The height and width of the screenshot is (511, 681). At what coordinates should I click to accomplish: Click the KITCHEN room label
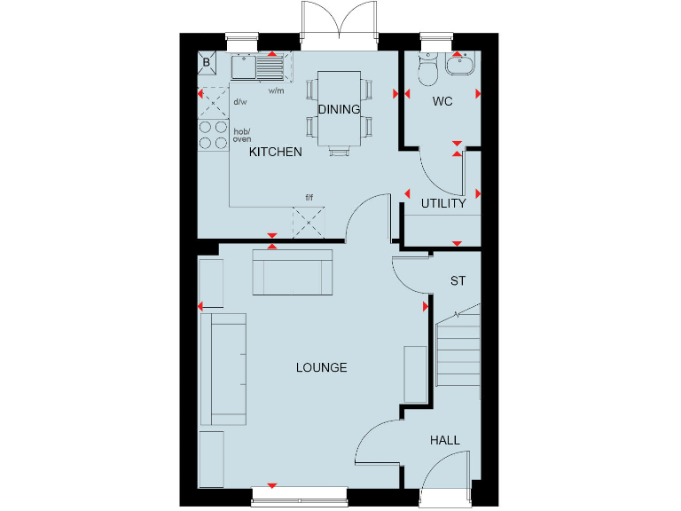click(275, 153)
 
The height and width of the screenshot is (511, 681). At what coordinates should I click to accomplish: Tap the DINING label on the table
click(339, 110)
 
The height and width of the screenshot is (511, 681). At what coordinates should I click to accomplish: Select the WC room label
click(442, 102)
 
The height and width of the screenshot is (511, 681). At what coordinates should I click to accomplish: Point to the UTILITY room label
click(443, 204)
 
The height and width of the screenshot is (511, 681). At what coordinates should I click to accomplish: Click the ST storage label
click(458, 282)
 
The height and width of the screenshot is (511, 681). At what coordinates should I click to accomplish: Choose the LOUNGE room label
click(321, 368)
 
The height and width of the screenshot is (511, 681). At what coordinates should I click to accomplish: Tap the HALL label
click(445, 441)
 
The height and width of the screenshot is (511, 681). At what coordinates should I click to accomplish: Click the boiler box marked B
click(207, 62)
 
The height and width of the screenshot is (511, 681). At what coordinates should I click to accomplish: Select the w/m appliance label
click(276, 90)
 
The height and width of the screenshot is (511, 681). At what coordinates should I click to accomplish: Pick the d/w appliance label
click(239, 102)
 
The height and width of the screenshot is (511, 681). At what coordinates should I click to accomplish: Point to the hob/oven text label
click(241, 136)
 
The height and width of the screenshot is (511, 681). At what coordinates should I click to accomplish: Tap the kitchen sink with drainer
click(257, 66)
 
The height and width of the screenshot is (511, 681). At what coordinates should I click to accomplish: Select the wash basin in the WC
click(460, 62)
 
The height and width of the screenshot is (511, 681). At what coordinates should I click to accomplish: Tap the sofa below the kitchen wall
click(293, 271)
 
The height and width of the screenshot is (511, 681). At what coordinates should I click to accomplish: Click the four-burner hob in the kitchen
click(213, 134)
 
